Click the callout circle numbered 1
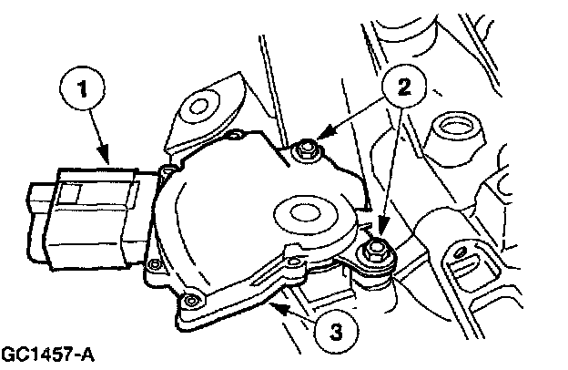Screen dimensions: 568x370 coord(82,89)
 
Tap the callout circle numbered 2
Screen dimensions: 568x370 coord(404,87)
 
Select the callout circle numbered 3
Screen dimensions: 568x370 coord(337,330)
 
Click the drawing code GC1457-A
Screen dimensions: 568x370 coord(47,355)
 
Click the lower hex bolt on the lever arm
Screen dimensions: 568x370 coord(375,251)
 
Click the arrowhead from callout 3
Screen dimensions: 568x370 coord(280,310)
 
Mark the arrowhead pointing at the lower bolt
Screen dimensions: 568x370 coord(382,226)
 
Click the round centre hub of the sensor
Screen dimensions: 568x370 coord(305,214)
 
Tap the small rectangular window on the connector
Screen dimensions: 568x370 coord(70,194)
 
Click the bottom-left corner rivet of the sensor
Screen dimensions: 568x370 coord(190,300)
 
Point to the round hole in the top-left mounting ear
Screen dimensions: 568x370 coord(198,107)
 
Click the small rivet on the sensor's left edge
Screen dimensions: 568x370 coord(155,263)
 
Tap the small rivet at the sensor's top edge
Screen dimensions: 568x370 coord(238,135)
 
